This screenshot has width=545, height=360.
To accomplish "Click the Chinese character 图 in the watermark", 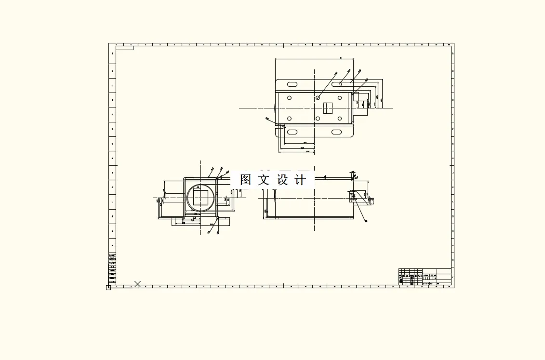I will point(246,180).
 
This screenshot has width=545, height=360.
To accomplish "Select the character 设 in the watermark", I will point(282,180).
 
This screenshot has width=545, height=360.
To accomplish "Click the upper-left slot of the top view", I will point(292,84).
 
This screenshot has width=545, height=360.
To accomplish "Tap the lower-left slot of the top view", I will point(292,132).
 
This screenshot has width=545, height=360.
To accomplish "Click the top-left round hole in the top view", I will point(290,98).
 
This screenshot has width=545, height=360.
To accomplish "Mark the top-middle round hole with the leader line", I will point(318,98).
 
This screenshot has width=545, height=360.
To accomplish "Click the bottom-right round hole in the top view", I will point(340,118).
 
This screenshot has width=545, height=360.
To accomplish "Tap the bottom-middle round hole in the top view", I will point(318,118).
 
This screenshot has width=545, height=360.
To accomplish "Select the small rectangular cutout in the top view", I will point(328,108).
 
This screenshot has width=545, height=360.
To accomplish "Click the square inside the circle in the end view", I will point(201,197).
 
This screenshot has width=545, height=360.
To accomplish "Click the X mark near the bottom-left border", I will point(138,284).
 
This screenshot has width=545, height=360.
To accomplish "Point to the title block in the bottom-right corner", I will point(425,277).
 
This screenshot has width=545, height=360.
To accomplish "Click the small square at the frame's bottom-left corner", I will point(108,288).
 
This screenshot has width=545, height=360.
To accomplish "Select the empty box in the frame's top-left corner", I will point(124,48).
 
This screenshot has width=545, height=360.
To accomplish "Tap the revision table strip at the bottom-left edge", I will point(112,267).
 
